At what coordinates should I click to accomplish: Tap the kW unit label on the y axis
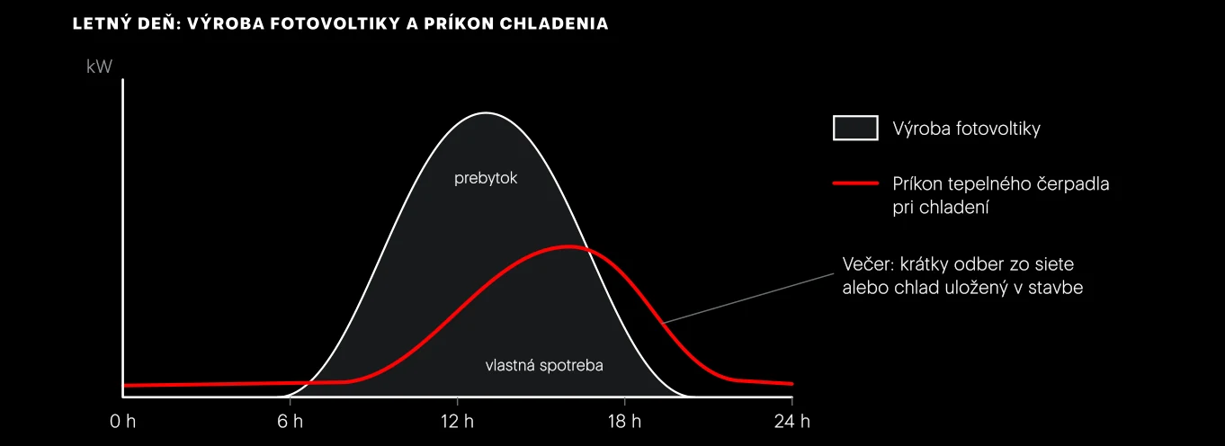coord(99,67)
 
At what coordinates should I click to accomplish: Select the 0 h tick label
coord(122,422)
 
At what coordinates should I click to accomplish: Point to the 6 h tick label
coord(290,422)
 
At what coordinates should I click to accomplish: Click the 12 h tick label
coord(457,422)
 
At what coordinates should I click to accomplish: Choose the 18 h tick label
coord(624,422)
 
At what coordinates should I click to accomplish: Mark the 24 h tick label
coord(791,422)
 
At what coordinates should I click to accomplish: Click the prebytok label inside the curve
coord(486,178)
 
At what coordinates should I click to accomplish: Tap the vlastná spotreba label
coord(544,365)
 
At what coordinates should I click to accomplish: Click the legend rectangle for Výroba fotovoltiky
coord(855,128)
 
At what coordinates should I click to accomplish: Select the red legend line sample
coord(855,183)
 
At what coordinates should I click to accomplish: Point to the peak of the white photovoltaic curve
coord(486,113)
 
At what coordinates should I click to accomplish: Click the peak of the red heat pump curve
coord(568,247)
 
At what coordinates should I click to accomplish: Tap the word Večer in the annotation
coord(868,264)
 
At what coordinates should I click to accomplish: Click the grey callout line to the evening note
coord(747,299)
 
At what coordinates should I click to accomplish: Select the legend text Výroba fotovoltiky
coord(966,129)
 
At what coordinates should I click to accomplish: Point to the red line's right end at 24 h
coord(791,384)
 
